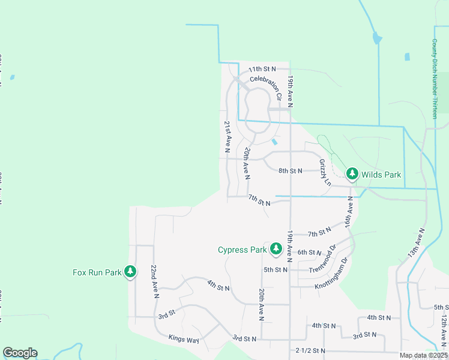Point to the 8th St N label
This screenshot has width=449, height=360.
[291, 170]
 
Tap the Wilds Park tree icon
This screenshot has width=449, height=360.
[352, 175]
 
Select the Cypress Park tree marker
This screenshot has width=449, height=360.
[276, 248]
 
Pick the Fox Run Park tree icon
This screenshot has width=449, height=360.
[130, 272]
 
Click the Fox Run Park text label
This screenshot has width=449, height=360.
[97, 272]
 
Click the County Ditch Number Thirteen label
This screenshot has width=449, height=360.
[435, 79]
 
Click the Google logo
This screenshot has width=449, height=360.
[20, 353]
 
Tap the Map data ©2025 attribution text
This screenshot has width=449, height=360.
[423, 355]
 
